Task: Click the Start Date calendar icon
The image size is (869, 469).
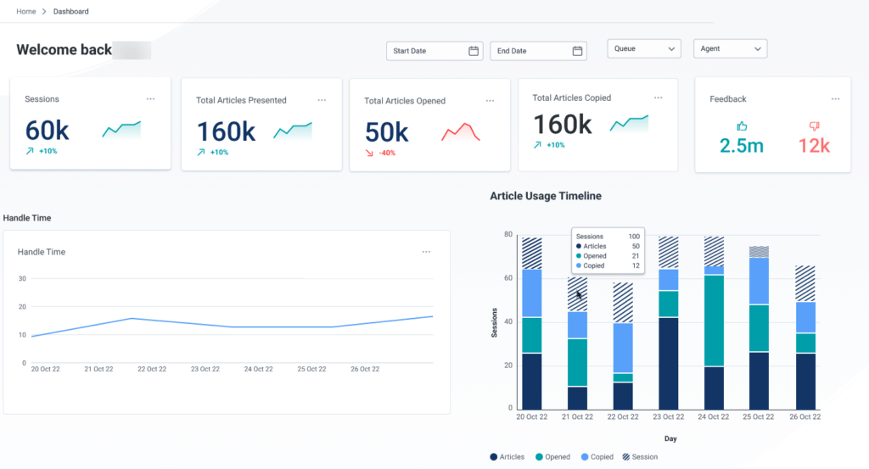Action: [x=474, y=51]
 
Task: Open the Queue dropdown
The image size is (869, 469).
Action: [x=644, y=49]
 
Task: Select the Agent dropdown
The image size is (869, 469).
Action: [x=730, y=49]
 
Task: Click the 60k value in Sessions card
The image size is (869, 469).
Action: [x=47, y=131]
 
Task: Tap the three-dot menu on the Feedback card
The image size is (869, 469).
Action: [x=835, y=99]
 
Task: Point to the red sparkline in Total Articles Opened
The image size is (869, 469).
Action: [x=461, y=131]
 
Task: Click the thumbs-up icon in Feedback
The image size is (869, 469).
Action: [x=741, y=126]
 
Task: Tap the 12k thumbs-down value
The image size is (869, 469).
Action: [x=814, y=146]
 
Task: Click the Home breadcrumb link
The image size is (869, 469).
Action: [x=26, y=12]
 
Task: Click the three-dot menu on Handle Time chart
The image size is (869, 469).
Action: [x=426, y=252]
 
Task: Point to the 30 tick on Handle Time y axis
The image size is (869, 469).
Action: [x=22, y=279]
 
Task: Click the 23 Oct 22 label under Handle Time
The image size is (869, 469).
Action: [x=207, y=370]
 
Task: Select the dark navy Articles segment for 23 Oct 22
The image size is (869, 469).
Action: [x=669, y=363]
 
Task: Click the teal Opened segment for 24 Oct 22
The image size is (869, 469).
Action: [x=714, y=321]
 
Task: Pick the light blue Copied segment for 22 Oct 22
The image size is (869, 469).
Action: [x=623, y=348]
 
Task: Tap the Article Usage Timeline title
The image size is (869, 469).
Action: [x=546, y=196]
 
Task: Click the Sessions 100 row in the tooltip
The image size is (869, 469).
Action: [x=607, y=236]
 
